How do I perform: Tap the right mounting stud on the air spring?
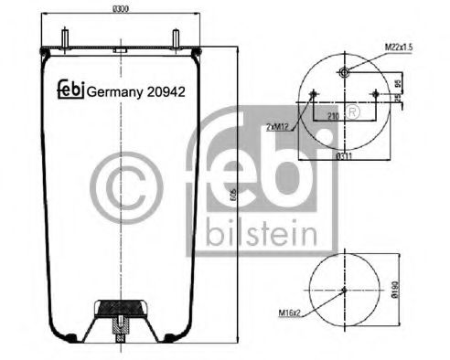(x=174, y=38)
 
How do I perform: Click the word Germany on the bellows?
(x=110, y=90)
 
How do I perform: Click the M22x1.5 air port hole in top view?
(x=343, y=73)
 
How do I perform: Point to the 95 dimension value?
(x=397, y=84)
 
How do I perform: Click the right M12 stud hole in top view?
(x=375, y=92)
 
